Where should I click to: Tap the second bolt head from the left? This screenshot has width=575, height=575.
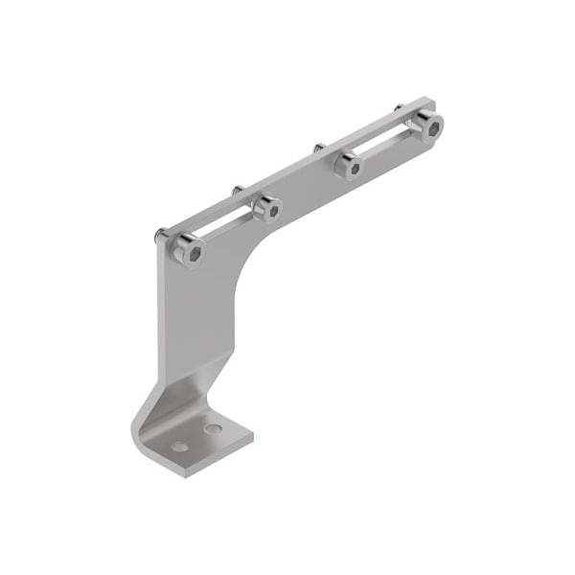click(269, 209)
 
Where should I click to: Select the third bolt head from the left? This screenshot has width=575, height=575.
click(350, 168)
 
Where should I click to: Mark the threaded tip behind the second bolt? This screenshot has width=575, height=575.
click(237, 190)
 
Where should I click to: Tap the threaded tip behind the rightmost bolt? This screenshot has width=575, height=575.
click(398, 107)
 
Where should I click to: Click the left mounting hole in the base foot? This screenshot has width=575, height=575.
click(180, 447)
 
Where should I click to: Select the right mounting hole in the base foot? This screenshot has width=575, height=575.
click(213, 428)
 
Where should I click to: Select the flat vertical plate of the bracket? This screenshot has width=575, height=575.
click(196, 316)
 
